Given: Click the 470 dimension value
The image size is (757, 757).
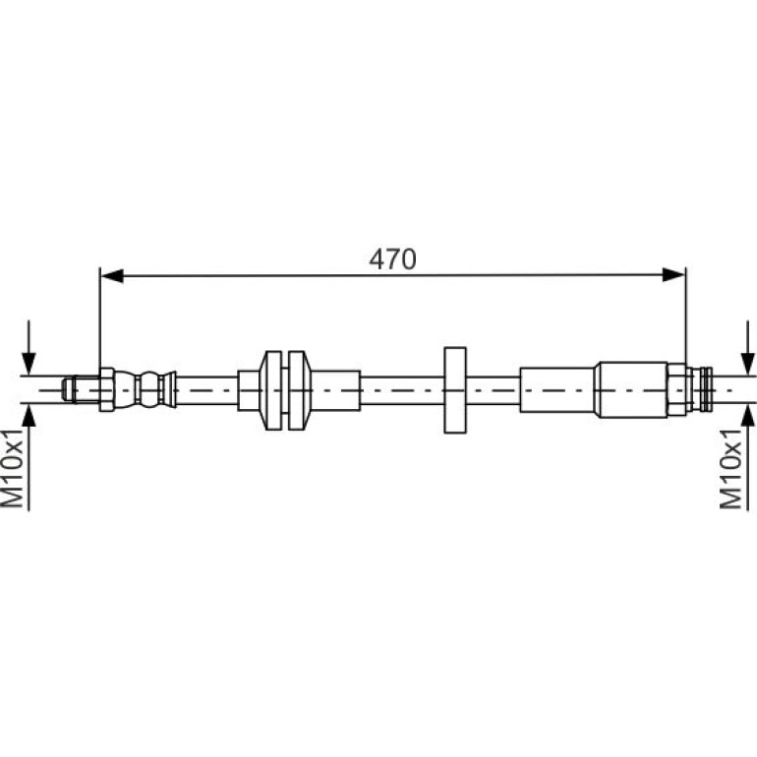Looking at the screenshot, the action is click(x=392, y=260).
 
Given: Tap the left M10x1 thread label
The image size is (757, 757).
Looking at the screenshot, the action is click(x=13, y=467).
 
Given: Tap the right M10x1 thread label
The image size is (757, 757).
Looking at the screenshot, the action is click(x=730, y=468).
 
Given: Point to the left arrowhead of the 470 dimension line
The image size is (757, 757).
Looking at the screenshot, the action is click(x=111, y=275).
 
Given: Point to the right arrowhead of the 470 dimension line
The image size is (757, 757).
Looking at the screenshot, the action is click(x=674, y=274).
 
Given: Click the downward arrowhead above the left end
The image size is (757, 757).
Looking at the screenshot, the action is click(x=29, y=363).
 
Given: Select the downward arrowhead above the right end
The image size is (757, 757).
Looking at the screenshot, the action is click(x=747, y=363).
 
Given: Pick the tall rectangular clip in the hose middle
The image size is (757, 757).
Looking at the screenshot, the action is click(x=455, y=390).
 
